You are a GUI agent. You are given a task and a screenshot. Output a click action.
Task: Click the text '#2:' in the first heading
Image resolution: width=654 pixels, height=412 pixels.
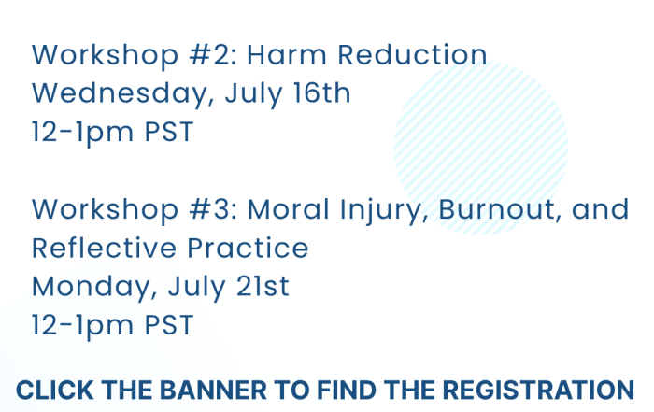point(213,54)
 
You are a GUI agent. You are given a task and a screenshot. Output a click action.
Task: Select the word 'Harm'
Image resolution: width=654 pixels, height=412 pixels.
point(287,54)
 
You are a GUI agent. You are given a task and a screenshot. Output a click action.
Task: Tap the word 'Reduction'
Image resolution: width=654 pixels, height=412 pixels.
point(412,54)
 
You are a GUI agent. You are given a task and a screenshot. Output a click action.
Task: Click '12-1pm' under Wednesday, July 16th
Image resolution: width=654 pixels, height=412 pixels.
point(82,133)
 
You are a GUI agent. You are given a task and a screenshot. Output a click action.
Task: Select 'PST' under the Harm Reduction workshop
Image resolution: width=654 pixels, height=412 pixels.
point(169,132)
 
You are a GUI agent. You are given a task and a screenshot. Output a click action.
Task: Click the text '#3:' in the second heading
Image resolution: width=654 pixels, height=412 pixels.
point(213,209)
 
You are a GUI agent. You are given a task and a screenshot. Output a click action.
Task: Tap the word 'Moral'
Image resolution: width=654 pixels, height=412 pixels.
point(288,209)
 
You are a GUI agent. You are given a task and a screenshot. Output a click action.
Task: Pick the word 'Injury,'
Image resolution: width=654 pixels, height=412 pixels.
point(384,210)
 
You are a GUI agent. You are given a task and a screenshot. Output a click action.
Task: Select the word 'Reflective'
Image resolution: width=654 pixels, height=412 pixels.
point(105,248)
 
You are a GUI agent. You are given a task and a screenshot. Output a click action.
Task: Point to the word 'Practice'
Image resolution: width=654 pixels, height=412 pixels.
point(248,248)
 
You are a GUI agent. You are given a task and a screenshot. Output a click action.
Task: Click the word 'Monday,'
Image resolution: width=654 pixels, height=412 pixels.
point(94,288)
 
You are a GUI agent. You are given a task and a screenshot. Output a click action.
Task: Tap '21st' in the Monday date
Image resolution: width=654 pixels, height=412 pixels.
point(263,286)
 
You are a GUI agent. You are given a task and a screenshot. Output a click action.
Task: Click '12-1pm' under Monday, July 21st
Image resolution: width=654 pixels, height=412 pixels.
point(82,326)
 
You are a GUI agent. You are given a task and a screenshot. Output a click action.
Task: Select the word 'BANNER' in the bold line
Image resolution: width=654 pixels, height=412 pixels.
point(213,391)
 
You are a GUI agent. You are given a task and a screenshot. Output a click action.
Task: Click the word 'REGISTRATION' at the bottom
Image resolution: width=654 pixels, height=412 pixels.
point(538,391)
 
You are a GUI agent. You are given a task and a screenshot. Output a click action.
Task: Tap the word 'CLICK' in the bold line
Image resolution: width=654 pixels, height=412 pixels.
point(54,391)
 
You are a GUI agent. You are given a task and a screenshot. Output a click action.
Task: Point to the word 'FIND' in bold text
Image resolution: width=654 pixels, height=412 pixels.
point(347,391)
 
